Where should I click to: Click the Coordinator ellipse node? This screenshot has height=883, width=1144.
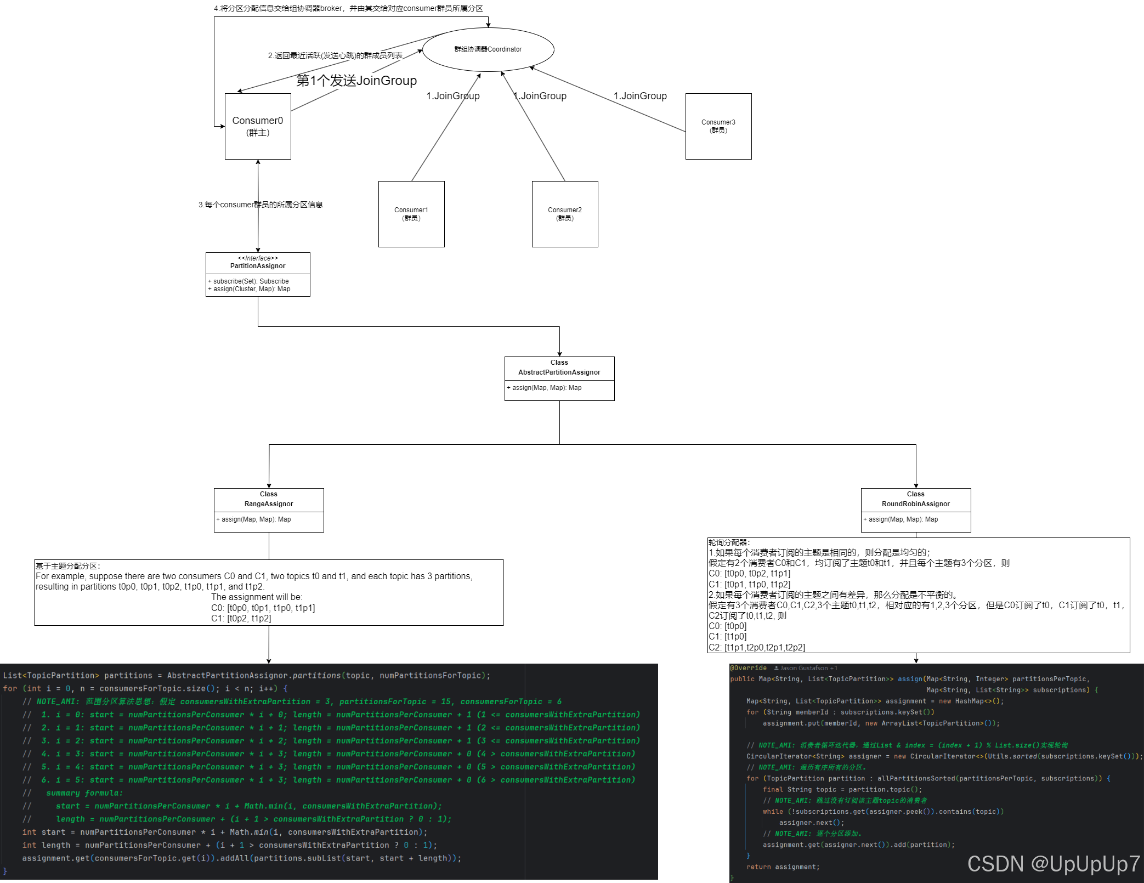coord(488,49)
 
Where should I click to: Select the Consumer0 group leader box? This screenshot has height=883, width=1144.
coord(258,126)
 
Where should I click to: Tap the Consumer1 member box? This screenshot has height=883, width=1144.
coord(411,214)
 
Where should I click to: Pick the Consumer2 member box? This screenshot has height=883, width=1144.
coord(565,214)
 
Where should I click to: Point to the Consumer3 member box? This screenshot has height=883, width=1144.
coord(718,126)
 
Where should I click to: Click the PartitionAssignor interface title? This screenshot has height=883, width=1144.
coord(258,266)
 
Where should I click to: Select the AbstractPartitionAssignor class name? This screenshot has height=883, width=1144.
coord(559,372)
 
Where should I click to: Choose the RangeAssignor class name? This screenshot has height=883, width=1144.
coord(269,504)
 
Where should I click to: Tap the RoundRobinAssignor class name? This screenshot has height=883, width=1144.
coord(916,504)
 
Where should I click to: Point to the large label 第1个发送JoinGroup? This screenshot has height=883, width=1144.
coord(356,81)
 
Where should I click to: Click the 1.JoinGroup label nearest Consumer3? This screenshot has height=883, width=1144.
coord(640,96)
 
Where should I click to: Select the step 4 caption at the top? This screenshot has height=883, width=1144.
coord(348,8)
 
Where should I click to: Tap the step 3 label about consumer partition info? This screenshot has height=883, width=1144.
coord(260,205)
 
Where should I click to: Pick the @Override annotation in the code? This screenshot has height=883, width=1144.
coord(748,668)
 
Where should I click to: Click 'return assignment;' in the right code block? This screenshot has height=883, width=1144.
coord(783,867)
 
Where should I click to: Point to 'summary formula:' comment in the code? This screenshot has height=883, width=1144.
coord(84,793)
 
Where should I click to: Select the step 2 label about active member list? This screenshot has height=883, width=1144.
coord(335,55)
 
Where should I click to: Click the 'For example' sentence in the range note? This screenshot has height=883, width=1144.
coord(254,576)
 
